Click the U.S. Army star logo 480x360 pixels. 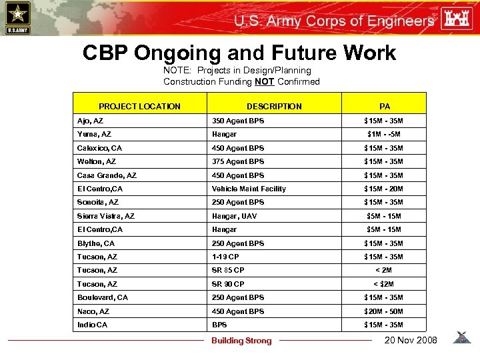pyautogui.click(x=17, y=17)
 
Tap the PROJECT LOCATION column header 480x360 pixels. pyautogui.click(x=139, y=106)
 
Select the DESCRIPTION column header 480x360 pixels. pyautogui.click(x=274, y=106)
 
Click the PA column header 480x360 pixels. pyautogui.click(x=384, y=106)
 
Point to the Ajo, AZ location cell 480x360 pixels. pyautogui.click(x=90, y=121)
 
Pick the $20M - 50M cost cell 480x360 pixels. pyautogui.click(x=383, y=311)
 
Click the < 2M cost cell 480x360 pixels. pyautogui.click(x=383, y=270)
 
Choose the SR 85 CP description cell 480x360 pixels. pyautogui.click(x=228, y=270)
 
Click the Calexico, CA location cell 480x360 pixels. pyautogui.click(x=99, y=148)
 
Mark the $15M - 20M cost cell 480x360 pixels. pyautogui.click(x=383, y=189)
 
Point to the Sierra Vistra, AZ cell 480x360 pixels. pyautogui.click(x=105, y=216)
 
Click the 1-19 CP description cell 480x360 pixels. pyautogui.click(x=225, y=257)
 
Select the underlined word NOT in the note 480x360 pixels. pyautogui.click(x=264, y=82)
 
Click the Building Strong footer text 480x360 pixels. pyautogui.click(x=241, y=341)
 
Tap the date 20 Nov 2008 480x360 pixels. pyautogui.click(x=411, y=340)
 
